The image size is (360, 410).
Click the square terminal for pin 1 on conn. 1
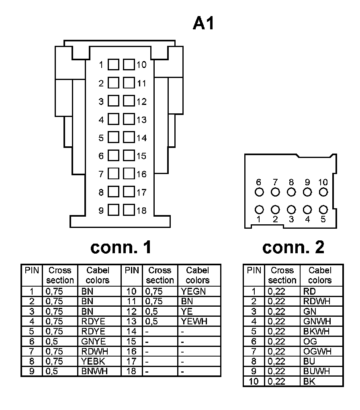coord(114,65)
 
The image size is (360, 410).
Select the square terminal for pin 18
coord(129,210)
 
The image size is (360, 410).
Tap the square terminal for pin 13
coord(129,119)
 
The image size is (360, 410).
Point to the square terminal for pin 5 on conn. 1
coord(114,137)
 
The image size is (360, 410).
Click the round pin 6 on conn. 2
coord(259,192)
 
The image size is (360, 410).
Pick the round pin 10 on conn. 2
coord(323,192)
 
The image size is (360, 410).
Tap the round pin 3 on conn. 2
coord(291,209)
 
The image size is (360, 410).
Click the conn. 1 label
coord(121,247)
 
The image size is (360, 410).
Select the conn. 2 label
coord(293,247)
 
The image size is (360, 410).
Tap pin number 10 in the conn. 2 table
coord(254,381)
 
